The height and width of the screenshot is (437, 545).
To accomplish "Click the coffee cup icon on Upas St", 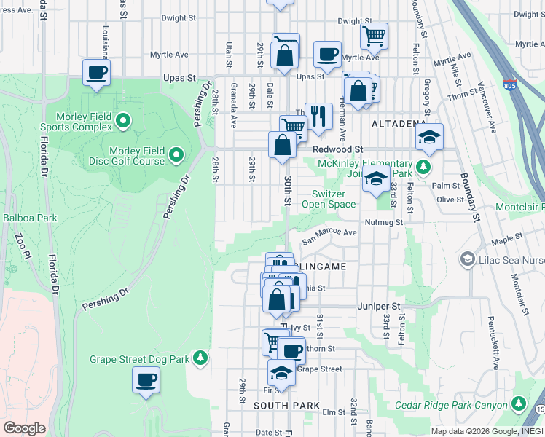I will [96, 73].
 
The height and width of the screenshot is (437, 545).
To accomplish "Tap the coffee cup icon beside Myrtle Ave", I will [327, 53].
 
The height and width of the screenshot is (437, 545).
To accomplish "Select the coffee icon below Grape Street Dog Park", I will [146, 380].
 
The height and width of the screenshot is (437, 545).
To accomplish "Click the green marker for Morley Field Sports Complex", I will [123, 119].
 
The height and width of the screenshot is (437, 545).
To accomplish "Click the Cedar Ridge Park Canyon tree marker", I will [518, 403].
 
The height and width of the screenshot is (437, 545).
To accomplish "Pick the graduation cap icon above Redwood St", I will [430, 137].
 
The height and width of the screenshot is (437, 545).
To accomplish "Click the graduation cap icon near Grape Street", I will [281, 373].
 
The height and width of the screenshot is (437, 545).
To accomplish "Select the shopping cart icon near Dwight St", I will [374, 34].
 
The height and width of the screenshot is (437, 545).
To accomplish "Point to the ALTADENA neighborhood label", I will [398, 124].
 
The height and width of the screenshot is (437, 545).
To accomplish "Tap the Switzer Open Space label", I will [333, 199].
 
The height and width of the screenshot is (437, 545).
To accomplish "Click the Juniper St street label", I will [379, 307].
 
